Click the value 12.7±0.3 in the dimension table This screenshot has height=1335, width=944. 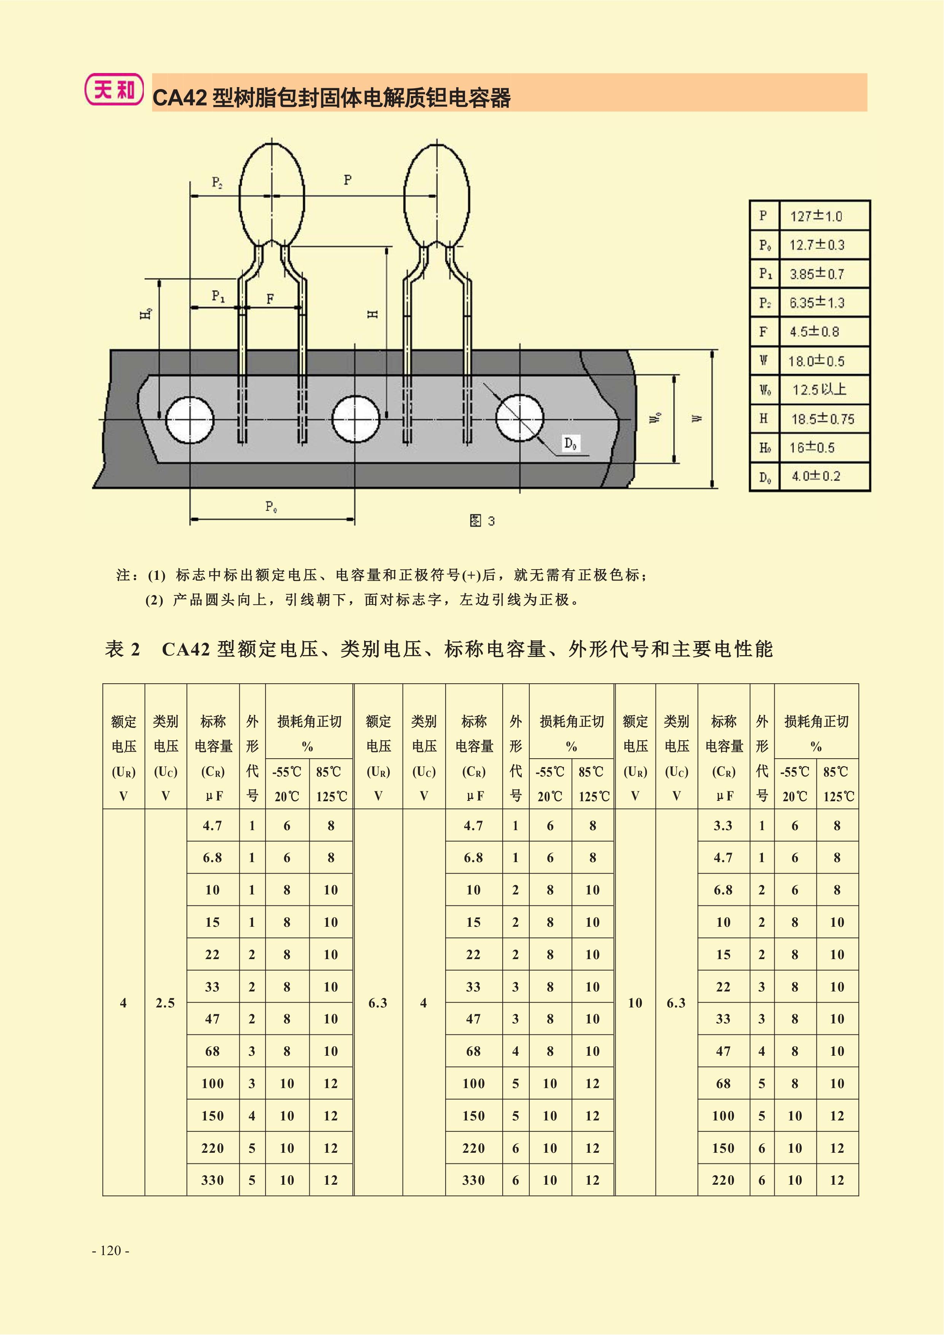[817, 245]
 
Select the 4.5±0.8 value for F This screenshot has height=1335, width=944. [814, 331]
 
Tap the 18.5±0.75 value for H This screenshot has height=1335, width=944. [823, 418]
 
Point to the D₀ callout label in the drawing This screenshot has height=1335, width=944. [571, 444]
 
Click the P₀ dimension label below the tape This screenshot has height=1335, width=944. [271, 506]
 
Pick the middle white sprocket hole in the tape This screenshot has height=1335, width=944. [355, 419]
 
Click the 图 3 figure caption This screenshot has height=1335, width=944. [482, 520]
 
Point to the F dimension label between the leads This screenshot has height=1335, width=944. [270, 299]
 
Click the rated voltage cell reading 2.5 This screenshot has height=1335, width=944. [165, 1003]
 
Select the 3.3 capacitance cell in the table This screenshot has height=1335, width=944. [723, 826]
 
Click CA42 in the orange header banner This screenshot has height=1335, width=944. [179, 98]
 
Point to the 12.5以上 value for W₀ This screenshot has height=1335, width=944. [819, 390]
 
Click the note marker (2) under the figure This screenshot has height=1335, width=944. [154, 600]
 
